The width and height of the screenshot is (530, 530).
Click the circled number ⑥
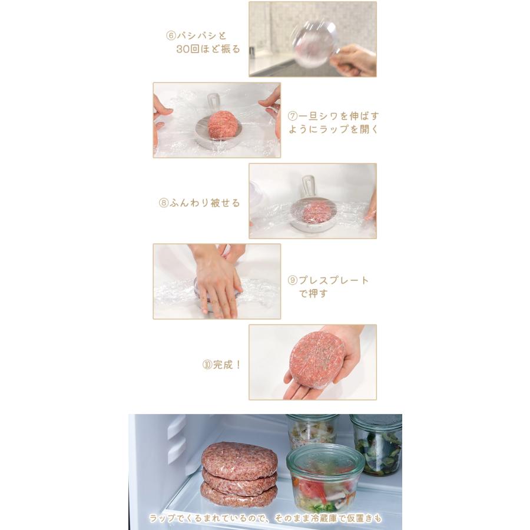(x=171, y=35)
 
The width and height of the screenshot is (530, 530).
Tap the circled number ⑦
(x=292, y=116)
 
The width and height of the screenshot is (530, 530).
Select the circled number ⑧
(x=164, y=203)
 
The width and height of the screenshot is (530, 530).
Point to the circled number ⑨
(x=292, y=280)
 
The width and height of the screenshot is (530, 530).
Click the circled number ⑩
(x=207, y=365)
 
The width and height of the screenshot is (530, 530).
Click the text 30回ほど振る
(x=208, y=49)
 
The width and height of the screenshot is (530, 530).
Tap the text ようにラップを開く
(x=333, y=129)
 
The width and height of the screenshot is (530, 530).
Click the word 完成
(x=223, y=365)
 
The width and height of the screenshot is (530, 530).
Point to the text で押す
(x=313, y=293)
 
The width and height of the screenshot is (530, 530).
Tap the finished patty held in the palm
(x=317, y=357)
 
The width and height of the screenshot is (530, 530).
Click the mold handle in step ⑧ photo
(x=307, y=187)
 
